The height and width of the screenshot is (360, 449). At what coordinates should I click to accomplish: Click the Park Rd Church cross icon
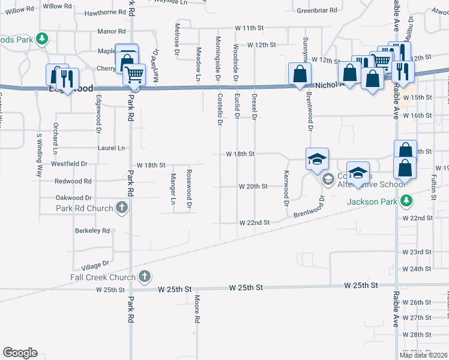(122, 208)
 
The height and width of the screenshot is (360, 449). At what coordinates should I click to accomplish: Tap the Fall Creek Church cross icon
(144, 277)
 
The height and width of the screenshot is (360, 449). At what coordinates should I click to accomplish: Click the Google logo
(20, 353)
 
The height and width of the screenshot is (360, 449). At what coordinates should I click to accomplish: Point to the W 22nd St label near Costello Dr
(253, 222)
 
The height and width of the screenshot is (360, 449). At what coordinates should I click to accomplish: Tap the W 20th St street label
(253, 186)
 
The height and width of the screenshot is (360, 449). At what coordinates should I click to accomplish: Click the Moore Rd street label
(196, 309)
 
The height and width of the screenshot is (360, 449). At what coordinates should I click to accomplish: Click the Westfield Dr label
(69, 163)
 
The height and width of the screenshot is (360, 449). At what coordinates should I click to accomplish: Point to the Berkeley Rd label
(92, 230)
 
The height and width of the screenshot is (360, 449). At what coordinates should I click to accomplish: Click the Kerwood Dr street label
(286, 188)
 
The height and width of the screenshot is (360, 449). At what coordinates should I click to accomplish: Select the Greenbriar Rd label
(317, 10)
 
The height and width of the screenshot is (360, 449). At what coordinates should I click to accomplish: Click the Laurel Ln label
(111, 148)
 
